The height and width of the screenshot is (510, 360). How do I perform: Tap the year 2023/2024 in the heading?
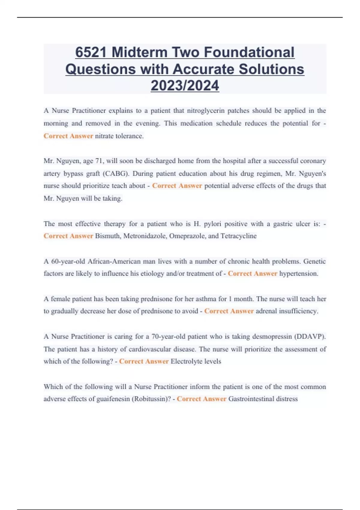185,86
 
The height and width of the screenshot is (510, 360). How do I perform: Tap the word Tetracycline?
238,236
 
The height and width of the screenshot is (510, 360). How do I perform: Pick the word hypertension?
298,274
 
